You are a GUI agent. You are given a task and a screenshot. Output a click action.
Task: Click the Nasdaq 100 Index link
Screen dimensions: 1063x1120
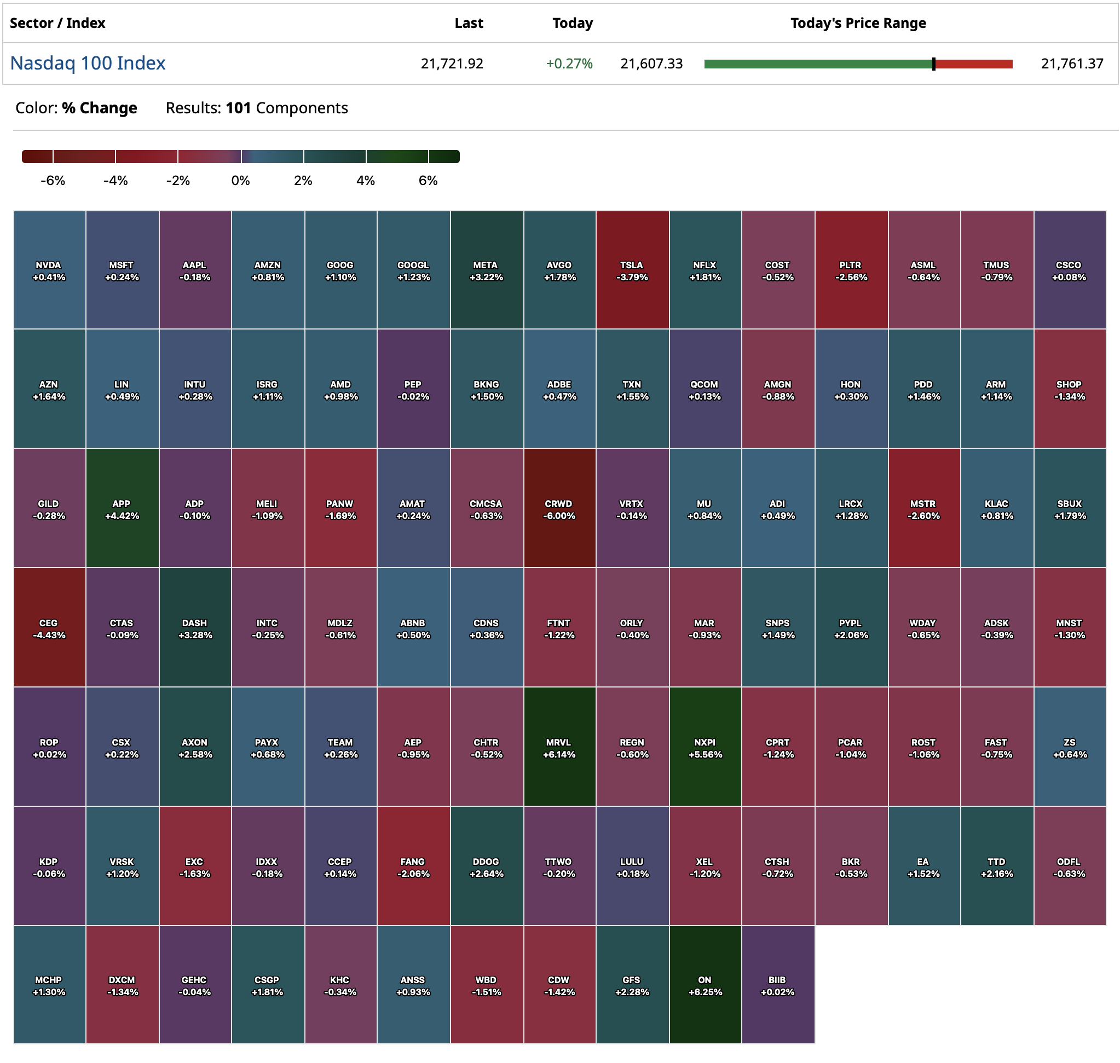click(88, 63)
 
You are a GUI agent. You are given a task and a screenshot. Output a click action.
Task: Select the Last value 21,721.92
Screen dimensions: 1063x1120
click(452, 63)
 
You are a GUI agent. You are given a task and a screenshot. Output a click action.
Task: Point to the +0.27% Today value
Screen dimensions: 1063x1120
click(569, 63)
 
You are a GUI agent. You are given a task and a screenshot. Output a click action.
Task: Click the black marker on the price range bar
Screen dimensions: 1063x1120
click(933, 64)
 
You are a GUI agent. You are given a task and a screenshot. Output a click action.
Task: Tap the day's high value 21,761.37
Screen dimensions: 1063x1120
click(1072, 63)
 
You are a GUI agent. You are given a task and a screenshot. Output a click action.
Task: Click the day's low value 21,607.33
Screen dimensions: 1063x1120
click(651, 63)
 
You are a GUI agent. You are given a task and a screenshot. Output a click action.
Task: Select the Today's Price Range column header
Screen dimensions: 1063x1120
click(858, 23)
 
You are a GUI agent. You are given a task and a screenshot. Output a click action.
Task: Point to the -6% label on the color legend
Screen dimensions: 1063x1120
click(53, 181)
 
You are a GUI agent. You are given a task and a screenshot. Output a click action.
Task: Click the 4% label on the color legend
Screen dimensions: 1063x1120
click(366, 181)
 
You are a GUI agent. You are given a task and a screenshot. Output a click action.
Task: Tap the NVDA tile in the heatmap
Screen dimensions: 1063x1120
click(49, 270)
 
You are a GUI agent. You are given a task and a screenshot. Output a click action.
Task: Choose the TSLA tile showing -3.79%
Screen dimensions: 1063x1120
click(632, 270)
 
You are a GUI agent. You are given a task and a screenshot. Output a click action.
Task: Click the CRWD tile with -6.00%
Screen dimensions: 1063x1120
click(559, 509)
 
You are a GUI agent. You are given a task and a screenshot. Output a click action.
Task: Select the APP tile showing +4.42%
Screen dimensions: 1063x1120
click(122, 509)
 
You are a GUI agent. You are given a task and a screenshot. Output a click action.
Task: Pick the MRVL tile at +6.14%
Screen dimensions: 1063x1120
click(559, 747)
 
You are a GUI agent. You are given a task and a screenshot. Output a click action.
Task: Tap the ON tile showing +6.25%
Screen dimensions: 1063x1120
click(705, 985)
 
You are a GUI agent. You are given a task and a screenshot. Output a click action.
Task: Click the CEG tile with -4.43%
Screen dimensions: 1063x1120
click(49, 628)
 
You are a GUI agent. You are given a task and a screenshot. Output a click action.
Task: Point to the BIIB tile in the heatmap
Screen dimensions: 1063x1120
click(778, 985)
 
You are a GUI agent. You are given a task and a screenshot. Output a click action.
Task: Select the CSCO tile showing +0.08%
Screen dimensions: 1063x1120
click(1069, 270)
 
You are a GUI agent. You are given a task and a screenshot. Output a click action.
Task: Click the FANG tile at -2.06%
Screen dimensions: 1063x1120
click(413, 867)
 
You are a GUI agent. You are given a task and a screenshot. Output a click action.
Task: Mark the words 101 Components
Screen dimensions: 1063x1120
click(286, 108)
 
